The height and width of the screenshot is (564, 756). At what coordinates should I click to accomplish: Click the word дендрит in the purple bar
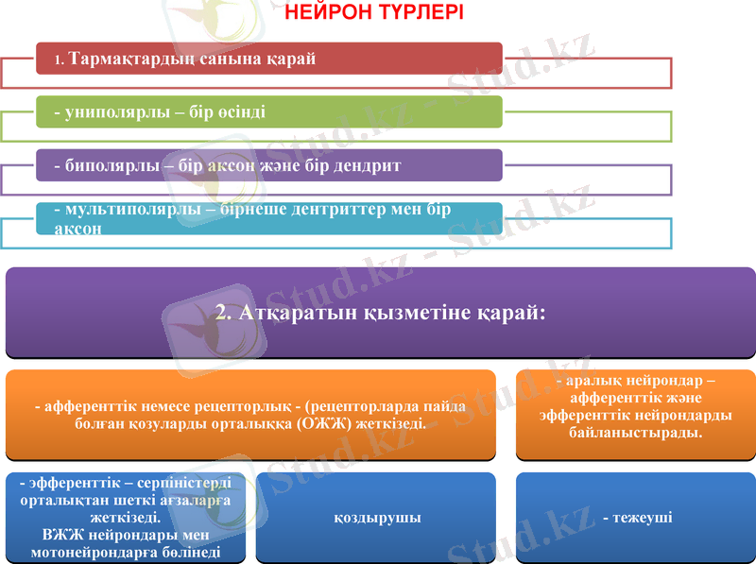(x=369, y=166)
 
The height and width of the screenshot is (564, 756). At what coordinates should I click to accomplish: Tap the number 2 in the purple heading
(x=221, y=312)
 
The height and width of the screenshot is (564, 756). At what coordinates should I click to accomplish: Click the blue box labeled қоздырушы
(x=376, y=518)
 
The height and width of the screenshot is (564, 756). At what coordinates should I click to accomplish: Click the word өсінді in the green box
(x=240, y=112)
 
